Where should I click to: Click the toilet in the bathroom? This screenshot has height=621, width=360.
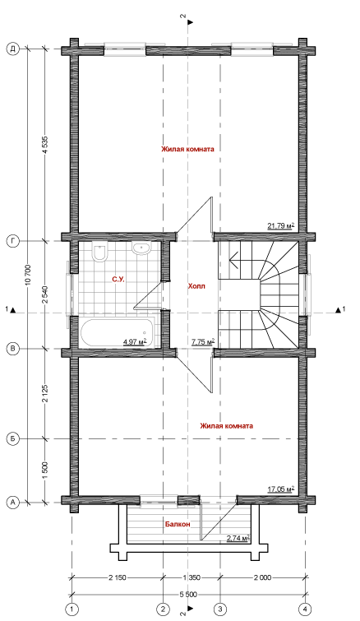(99, 252)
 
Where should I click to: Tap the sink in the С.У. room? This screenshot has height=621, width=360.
(141, 248)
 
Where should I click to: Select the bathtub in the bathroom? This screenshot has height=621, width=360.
(118, 332)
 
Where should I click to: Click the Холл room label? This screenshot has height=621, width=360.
(196, 286)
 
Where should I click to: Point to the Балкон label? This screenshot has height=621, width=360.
(178, 524)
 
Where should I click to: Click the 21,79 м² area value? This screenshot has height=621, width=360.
(281, 226)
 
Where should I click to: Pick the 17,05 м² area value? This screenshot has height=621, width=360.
(281, 489)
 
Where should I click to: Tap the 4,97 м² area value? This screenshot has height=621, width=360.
(136, 341)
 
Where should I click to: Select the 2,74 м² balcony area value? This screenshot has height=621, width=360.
(238, 538)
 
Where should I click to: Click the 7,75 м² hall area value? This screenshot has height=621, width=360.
(203, 341)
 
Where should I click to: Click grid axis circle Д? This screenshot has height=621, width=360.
(13, 49)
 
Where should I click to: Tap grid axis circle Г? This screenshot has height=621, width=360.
(13, 241)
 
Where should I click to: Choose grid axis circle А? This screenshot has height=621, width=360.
(13, 503)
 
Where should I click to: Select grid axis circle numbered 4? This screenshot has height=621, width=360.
(305, 608)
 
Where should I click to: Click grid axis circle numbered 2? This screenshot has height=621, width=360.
(163, 608)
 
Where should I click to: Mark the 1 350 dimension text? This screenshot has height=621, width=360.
(192, 577)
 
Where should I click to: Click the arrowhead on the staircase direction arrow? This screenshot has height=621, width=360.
(233, 261)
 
